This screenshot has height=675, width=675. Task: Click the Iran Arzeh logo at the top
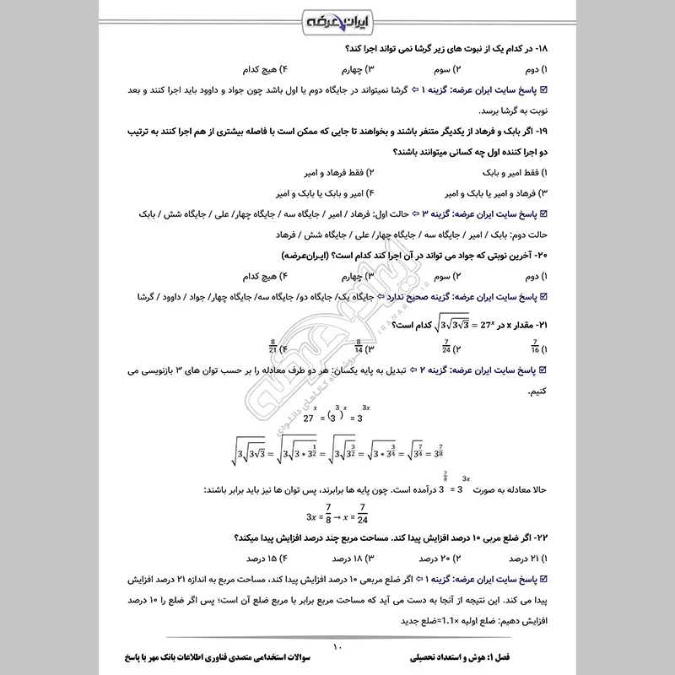[x=337, y=19]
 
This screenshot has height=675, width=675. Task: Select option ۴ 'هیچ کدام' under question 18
[x=262, y=90]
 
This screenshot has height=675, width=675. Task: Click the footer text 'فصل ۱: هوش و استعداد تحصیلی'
[x=472, y=655]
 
